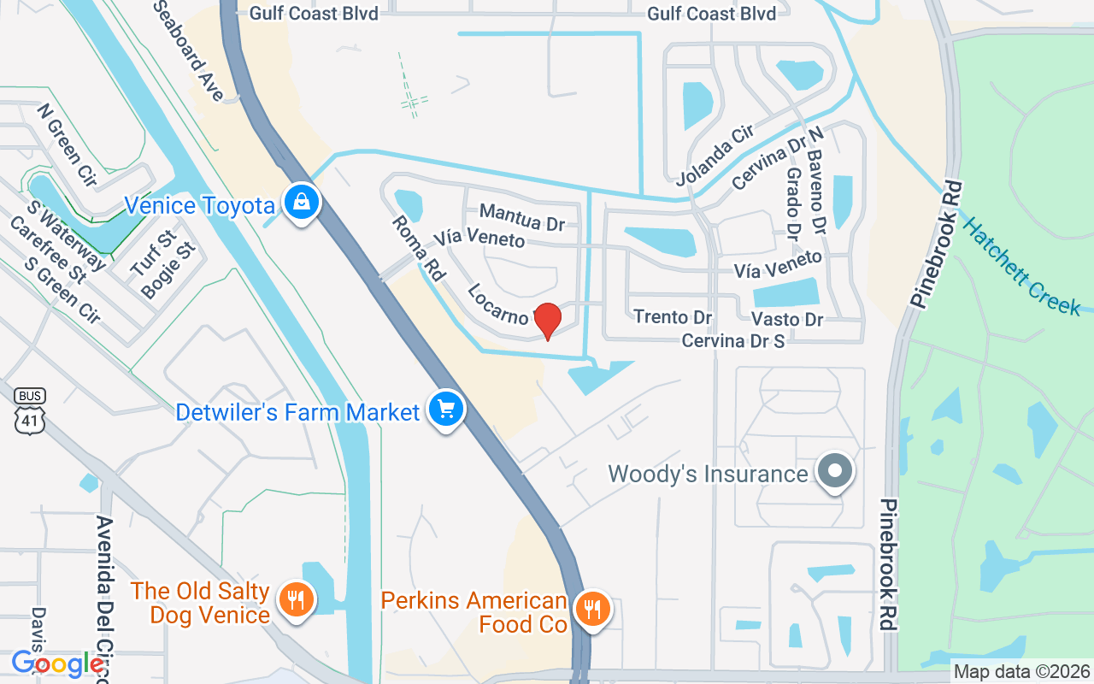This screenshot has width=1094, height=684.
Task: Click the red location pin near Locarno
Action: pyautogui.click(x=547, y=320)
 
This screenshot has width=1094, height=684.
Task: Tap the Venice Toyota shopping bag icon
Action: pyautogui.click(x=302, y=203)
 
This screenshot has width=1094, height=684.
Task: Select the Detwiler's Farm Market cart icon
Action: pyautogui.click(x=445, y=409)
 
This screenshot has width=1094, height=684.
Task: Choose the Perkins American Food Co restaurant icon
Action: pyautogui.click(x=591, y=609)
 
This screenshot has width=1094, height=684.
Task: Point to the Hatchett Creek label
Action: pyautogui.click(x=1020, y=265)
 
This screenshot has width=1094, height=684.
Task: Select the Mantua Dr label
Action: pyautogui.click(x=521, y=216)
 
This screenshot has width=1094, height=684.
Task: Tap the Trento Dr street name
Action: pyautogui.click(x=673, y=317)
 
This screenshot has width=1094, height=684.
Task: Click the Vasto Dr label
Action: pyautogui.click(x=786, y=319)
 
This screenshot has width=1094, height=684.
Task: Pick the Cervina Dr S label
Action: pyautogui.click(x=732, y=340)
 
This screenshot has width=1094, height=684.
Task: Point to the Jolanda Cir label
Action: pyautogui.click(x=714, y=155)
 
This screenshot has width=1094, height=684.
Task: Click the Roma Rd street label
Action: pyautogui.click(x=419, y=249)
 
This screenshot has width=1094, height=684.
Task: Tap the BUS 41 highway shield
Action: pyautogui.click(x=30, y=411)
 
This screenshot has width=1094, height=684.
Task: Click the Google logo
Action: pyautogui.click(x=57, y=663)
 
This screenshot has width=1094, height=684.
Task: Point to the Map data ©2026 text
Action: pyautogui.click(x=1021, y=671)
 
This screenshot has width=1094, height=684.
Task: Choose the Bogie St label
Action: pyautogui.click(x=168, y=269)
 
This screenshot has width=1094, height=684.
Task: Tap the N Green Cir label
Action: pyautogui.click(x=67, y=145)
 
